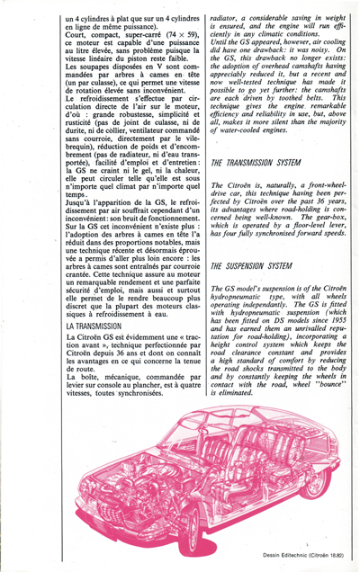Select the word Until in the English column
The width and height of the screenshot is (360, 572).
(x=221, y=41)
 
